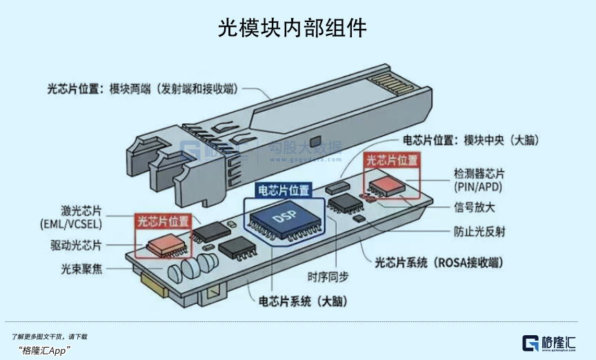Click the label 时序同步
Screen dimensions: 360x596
pos(328,277)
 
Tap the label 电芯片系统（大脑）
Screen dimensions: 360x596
pos(303,301)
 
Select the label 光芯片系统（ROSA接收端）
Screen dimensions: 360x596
pos(438,263)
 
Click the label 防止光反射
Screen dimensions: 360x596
pos(479,232)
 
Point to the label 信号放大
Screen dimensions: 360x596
pos(474,208)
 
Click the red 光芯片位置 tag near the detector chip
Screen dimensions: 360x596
pos(392,160)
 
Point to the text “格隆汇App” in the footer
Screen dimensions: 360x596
pos(46,350)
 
